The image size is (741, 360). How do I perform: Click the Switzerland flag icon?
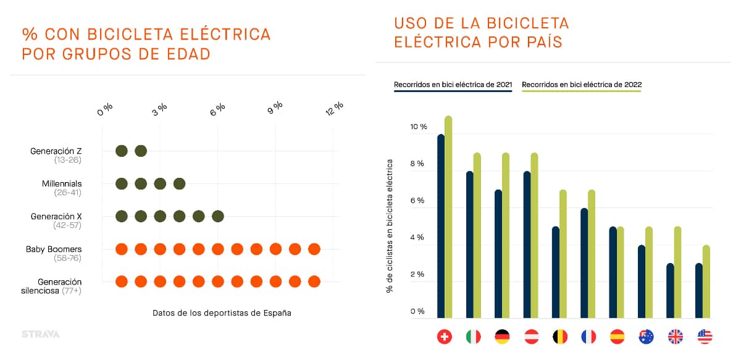[x=444, y=337]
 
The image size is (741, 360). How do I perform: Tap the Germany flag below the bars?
[x=502, y=337]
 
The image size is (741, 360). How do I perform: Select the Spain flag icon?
[x=617, y=337]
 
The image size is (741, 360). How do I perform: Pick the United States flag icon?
[x=705, y=337]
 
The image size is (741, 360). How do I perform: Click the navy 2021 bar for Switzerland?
[x=441, y=227]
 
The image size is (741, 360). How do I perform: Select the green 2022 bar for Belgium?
[x=563, y=254]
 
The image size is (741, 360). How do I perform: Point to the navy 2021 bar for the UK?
[x=670, y=291]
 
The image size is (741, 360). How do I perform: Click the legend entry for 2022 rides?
[x=582, y=85]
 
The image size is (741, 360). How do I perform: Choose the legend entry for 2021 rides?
[x=453, y=85]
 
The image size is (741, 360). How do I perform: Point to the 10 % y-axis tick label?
[x=419, y=127]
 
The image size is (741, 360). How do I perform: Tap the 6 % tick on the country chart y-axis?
[x=417, y=201]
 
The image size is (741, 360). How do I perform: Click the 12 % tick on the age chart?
[x=335, y=108]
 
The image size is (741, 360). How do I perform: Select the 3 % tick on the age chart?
[x=160, y=109]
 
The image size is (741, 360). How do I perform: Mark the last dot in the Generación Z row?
[x=141, y=151]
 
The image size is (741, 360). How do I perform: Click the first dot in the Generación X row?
[x=122, y=216]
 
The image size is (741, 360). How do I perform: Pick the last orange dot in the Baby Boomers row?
[x=314, y=249]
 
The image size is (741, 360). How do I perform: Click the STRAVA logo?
[x=41, y=334]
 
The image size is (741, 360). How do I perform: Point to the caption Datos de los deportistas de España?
[x=222, y=313]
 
